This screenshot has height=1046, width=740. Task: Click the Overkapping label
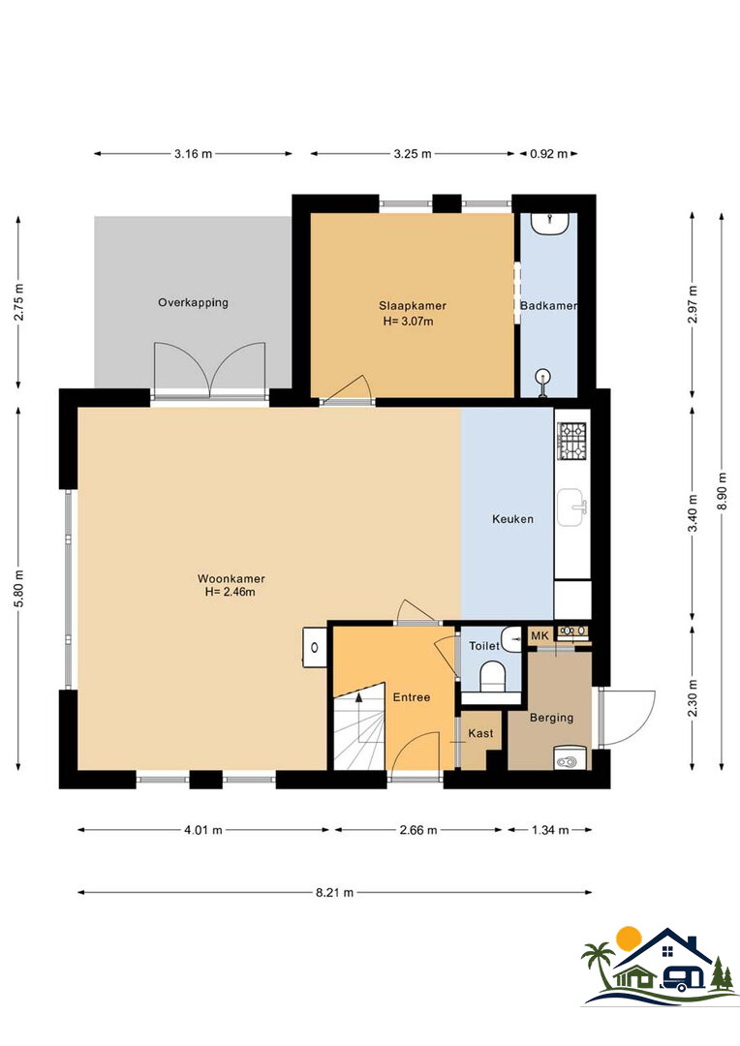click(x=193, y=302)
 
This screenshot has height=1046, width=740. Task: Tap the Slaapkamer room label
click(x=413, y=306)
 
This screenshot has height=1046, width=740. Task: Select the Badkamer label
click(x=548, y=305)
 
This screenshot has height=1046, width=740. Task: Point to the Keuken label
click(x=512, y=519)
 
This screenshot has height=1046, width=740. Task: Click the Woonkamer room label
click(x=231, y=579)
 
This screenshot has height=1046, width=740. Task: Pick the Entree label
click(x=411, y=697)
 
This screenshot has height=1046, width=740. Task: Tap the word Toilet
click(x=483, y=646)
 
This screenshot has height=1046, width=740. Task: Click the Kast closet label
click(x=480, y=733)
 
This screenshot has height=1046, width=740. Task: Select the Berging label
click(x=551, y=718)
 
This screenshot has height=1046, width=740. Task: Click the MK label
click(x=540, y=635)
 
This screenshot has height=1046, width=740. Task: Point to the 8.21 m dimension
click(x=334, y=893)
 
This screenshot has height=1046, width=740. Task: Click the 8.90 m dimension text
click(x=722, y=491)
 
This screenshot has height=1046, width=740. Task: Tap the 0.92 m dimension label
click(x=548, y=154)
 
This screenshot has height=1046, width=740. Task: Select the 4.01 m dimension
click(x=202, y=831)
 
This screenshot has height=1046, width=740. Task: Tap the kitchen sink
click(x=571, y=508)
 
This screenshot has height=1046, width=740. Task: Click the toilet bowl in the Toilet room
click(x=493, y=676)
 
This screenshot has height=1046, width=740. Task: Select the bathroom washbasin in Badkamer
click(x=550, y=222)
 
